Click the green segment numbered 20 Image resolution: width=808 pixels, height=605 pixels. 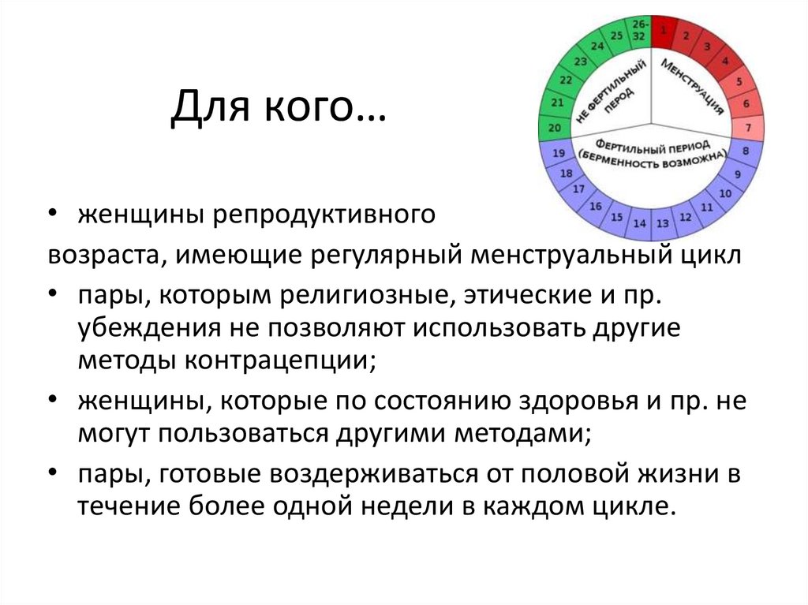tap(555, 128)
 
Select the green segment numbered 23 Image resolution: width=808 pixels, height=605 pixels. tap(581, 61)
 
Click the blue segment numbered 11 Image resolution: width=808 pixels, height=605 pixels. tap(707, 207)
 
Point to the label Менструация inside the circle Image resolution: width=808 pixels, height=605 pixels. tap(693, 87)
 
